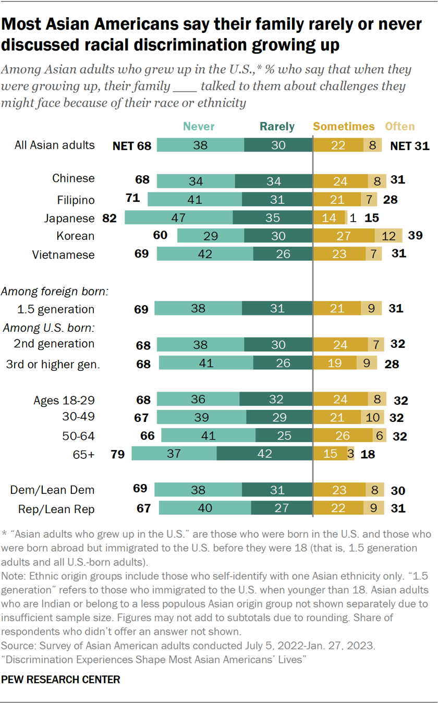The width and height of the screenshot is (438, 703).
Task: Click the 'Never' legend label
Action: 199,126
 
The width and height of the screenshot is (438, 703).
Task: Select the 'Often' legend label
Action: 399,126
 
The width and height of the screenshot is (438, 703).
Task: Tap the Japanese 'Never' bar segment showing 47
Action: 178,218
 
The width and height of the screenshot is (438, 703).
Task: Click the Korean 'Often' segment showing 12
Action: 388,236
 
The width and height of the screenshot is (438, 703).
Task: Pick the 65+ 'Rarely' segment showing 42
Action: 264,453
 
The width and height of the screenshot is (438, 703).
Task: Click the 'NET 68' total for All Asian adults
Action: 132,146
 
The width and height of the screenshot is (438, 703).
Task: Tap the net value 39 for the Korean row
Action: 414,236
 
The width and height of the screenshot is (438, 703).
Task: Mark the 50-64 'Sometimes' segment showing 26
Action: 343,435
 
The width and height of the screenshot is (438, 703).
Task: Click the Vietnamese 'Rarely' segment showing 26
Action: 283,254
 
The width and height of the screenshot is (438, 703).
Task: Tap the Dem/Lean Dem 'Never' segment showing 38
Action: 198,490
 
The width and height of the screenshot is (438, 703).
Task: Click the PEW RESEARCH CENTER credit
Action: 61,680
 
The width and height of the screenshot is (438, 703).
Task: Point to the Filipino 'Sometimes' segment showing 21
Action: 337,200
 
